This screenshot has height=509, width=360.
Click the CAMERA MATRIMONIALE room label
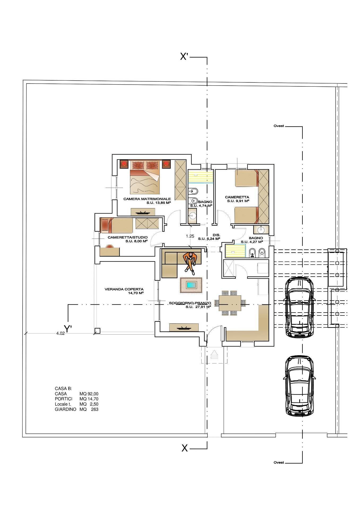pyautogui.click(x=147, y=199)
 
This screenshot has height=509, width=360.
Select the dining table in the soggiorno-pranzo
pyautogui.click(x=230, y=303)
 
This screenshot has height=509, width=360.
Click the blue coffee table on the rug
pyautogui.click(x=191, y=285)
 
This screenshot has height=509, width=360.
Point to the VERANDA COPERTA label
pyautogui.click(x=124, y=289)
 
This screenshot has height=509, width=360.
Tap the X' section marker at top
pyautogui.click(x=184, y=56)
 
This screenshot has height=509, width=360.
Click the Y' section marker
pyautogui.click(x=68, y=329)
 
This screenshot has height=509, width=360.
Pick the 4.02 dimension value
pyautogui.click(x=60, y=334)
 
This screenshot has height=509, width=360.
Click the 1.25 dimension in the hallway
pyautogui.click(x=190, y=236)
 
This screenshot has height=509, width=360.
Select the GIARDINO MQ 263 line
pyautogui.click(x=76, y=409)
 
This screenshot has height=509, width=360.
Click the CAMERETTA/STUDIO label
pyautogui.click(x=128, y=237)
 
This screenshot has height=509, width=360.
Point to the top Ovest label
pyautogui.click(x=279, y=126)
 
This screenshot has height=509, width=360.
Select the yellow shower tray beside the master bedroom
pyautogui.click(x=201, y=177)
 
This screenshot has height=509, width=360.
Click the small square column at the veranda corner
pyautogui.click(x=97, y=331)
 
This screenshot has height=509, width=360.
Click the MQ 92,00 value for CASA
pyautogui.click(x=89, y=394)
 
